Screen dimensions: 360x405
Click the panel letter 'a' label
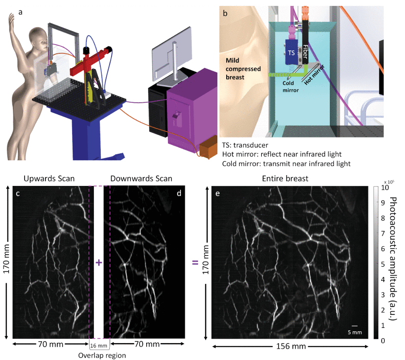pyautogui.click(x=21, y=12)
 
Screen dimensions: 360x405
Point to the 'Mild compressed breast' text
pyautogui.click(x=243, y=68)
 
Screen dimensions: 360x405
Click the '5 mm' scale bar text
pyautogui.click(x=355, y=332)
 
